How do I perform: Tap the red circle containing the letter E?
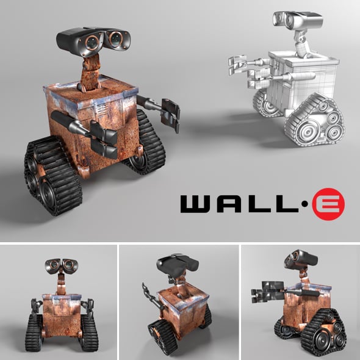(329, 204)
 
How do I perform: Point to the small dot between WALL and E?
(303, 204)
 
